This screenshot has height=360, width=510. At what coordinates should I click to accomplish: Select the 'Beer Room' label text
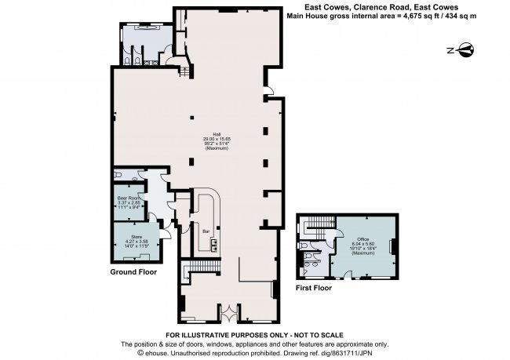pos(128,198)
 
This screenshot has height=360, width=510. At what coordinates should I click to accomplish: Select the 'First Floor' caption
pos(314,288)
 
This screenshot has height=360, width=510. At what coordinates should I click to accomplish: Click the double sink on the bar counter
pos(212,244)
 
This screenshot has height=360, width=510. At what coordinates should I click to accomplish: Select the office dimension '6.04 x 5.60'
pos(363,244)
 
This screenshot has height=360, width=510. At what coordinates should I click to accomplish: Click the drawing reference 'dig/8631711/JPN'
pos(356,352)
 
